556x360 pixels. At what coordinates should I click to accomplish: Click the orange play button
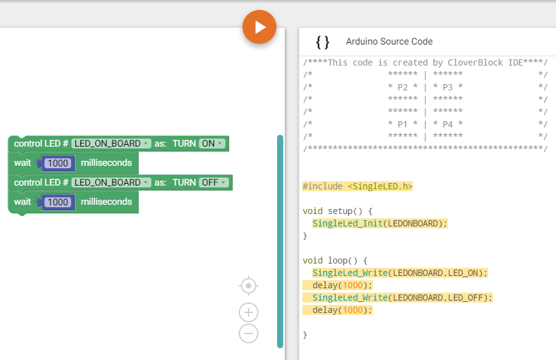[x=259, y=27]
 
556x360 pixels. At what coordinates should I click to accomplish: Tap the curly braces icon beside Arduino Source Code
[x=322, y=42]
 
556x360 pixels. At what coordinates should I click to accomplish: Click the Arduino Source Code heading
[x=389, y=41]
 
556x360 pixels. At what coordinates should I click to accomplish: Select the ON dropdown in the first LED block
[x=212, y=144]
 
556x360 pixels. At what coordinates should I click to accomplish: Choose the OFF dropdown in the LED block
[x=214, y=182]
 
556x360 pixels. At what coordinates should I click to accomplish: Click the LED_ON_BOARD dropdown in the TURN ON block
[x=111, y=144]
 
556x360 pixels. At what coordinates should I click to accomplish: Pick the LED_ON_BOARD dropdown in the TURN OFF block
[x=111, y=182]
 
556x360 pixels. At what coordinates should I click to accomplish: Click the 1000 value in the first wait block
[x=58, y=163]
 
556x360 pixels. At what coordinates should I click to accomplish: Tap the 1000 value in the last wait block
[x=58, y=202]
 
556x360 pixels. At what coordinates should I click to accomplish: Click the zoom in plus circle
[x=249, y=312]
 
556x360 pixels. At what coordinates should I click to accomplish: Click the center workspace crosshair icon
[x=249, y=286]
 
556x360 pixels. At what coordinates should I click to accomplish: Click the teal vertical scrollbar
[x=280, y=241]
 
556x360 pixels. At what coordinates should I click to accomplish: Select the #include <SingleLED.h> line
[x=357, y=186]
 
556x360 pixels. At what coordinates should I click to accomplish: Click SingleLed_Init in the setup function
[x=348, y=223]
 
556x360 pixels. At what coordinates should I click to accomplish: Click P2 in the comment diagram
[x=403, y=87]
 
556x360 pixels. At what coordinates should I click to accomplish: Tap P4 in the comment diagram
[x=448, y=124]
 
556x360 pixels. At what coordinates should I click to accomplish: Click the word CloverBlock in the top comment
[x=475, y=62]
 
